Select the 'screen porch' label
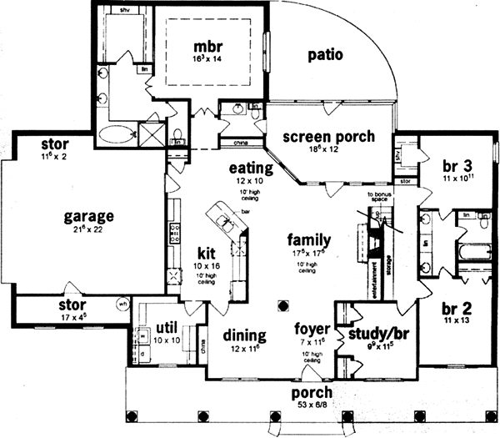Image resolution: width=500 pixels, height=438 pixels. [327, 137]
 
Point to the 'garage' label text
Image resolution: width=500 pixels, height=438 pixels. [88, 217]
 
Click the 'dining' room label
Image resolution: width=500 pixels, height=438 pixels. [245, 335]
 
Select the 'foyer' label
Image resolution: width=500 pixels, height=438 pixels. [313, 328]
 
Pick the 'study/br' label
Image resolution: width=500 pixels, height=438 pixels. [374, 336]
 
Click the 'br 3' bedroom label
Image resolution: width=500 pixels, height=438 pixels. [457, 165]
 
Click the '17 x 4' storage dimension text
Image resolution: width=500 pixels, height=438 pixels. [72, 316]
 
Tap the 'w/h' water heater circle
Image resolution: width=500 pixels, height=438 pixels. [122, 304]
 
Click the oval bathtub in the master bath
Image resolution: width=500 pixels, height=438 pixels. [115, 133]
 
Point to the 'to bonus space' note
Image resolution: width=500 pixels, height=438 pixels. [380, 197]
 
